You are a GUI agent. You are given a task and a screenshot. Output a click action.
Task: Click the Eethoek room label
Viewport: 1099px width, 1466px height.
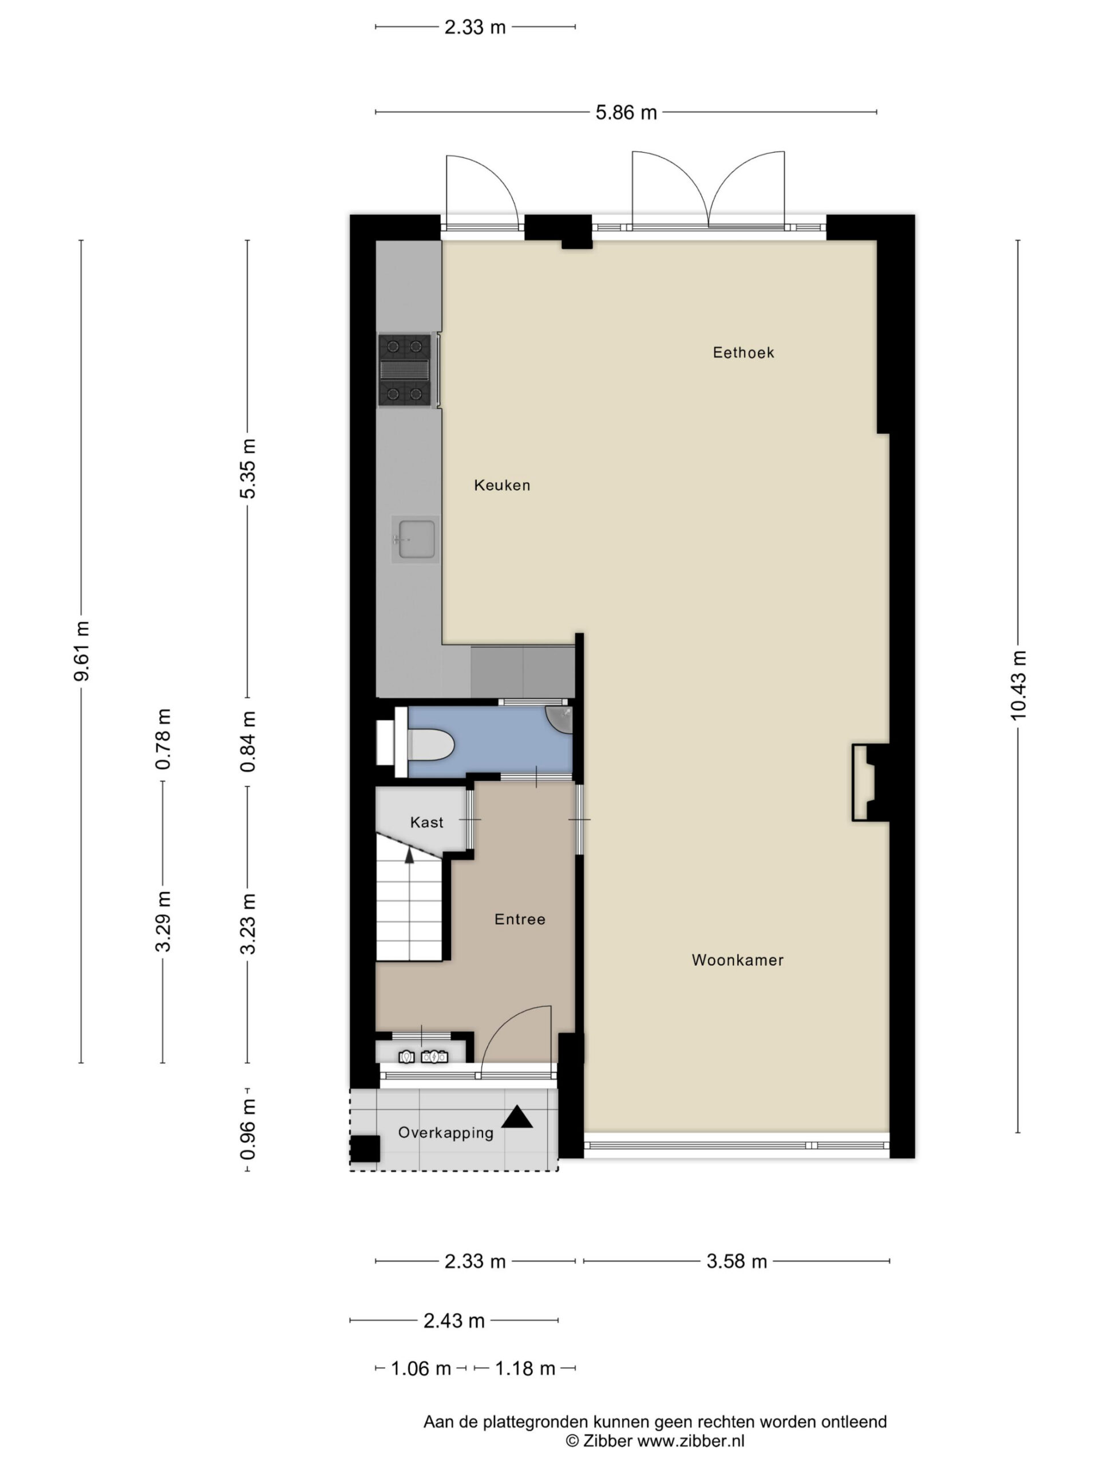coord(744,353)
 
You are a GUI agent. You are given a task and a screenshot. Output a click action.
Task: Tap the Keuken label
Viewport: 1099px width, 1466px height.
coord(502,485)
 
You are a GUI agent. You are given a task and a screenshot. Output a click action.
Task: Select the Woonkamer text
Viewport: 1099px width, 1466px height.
coord(737,960)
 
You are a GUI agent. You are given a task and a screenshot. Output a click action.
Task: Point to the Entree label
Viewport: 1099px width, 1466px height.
coord(520,919)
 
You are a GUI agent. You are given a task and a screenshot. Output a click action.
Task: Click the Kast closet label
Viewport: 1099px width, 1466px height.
coord(426,822)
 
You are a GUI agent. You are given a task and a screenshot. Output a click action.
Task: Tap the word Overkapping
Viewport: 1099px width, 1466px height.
coord(446,1133)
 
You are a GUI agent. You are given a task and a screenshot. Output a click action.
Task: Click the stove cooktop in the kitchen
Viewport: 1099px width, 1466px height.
coord(404,371)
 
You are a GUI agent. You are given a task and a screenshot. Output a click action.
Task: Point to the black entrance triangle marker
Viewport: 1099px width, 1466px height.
coord(517,1117)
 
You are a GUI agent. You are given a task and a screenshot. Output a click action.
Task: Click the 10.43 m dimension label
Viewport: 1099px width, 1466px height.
coord(1018,685)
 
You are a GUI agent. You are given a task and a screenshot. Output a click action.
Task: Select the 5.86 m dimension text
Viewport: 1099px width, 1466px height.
coord(626,113)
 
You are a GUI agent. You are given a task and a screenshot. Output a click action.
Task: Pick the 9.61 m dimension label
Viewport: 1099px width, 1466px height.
coord(81,651)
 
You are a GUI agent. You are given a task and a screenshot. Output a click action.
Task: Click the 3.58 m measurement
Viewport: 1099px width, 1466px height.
coord(737,1261)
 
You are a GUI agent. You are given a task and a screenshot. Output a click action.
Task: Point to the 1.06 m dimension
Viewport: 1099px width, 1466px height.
coord(421,1368)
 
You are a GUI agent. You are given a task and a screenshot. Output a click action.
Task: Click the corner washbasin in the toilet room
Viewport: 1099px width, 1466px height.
coord(560,720)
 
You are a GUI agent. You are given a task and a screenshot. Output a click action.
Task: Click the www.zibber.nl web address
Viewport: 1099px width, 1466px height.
coord(691,1440)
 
